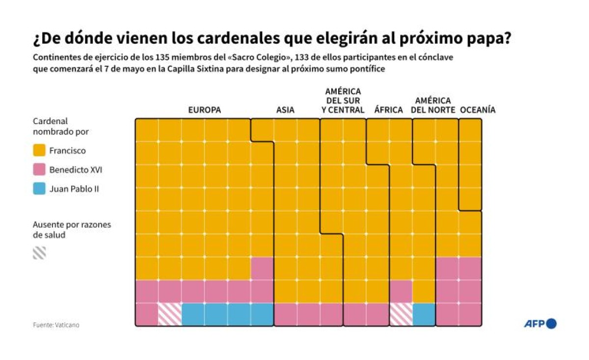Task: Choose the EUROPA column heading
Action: (205, 110)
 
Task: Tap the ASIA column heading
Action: (285, 110)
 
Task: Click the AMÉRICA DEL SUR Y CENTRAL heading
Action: (343, 101)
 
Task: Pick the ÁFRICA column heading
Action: (388, 110)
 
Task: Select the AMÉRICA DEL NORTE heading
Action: (433, 105)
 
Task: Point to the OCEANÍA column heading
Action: (478, 110)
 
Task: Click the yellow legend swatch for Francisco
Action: (39, 151)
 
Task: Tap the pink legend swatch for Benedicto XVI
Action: (39, 170)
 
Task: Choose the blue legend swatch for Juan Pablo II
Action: (39, 188)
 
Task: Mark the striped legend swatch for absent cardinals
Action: (39, 253)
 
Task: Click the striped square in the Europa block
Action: (170, 314)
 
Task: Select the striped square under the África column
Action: (401, 314)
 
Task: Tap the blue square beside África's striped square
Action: (424, 314)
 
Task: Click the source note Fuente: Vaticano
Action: (56, 325)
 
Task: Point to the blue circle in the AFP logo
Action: (551, 324)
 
